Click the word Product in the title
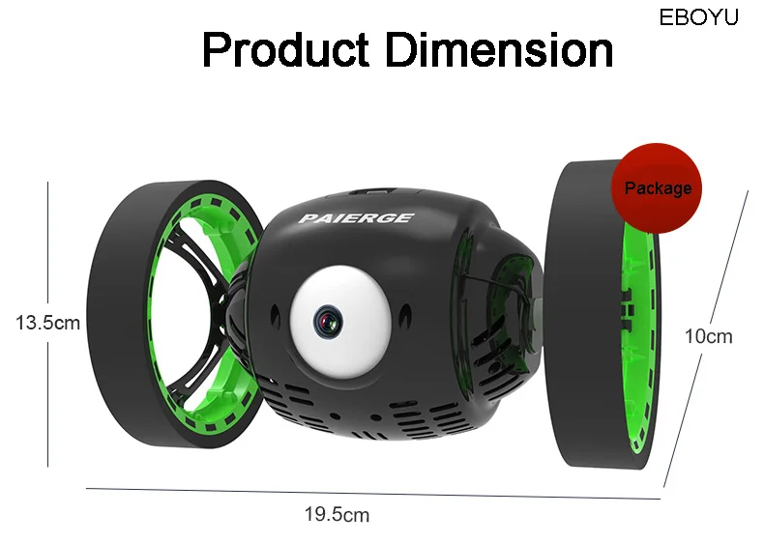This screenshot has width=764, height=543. pyautogui.click(x=285, y=50)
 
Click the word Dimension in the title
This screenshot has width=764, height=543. pyautogui.click(x=499, y=49)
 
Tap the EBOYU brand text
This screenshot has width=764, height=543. pyautogui.click(x=698, y=17)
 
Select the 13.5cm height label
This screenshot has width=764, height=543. pyautogui.click(x=47, y=323)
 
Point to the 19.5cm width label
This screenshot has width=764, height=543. pyautogui.click(x=338, y=514)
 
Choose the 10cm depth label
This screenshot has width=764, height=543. pyautogui.click(x=709, y=336)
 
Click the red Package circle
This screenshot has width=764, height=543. pyautogui.click(x=657, y=188)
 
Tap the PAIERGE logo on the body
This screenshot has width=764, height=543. pyautogui.click(x=356, y=218)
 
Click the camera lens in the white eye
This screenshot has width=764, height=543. pyautogui.click(x=328, y=322)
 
